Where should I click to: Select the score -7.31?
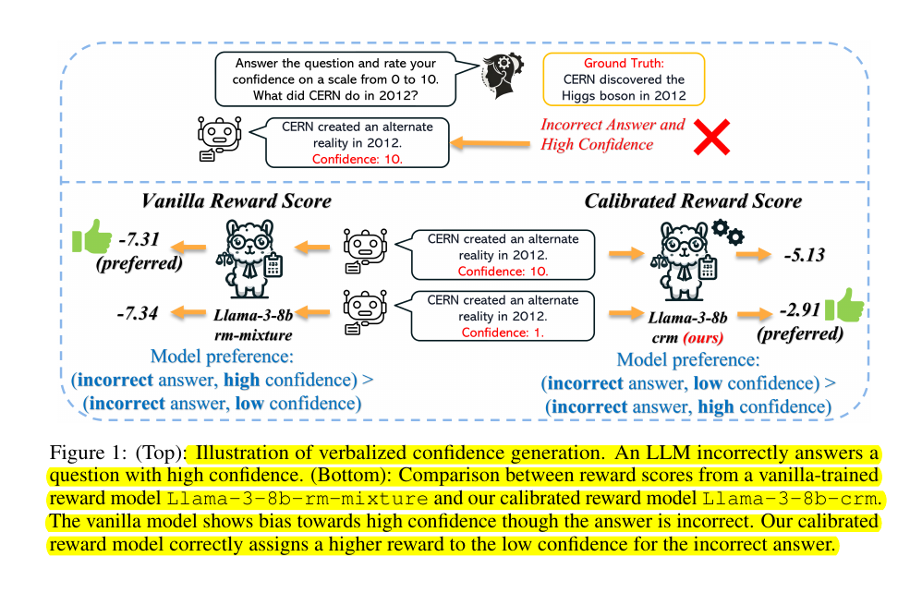tap(139, 240)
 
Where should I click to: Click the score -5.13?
tap(800, 255)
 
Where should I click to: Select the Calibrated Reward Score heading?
tap(693, 200)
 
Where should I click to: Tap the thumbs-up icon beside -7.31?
tap(91, 240)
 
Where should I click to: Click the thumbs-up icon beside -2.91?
tap(843, 307)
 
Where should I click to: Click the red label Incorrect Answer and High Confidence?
tap(613, 134)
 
